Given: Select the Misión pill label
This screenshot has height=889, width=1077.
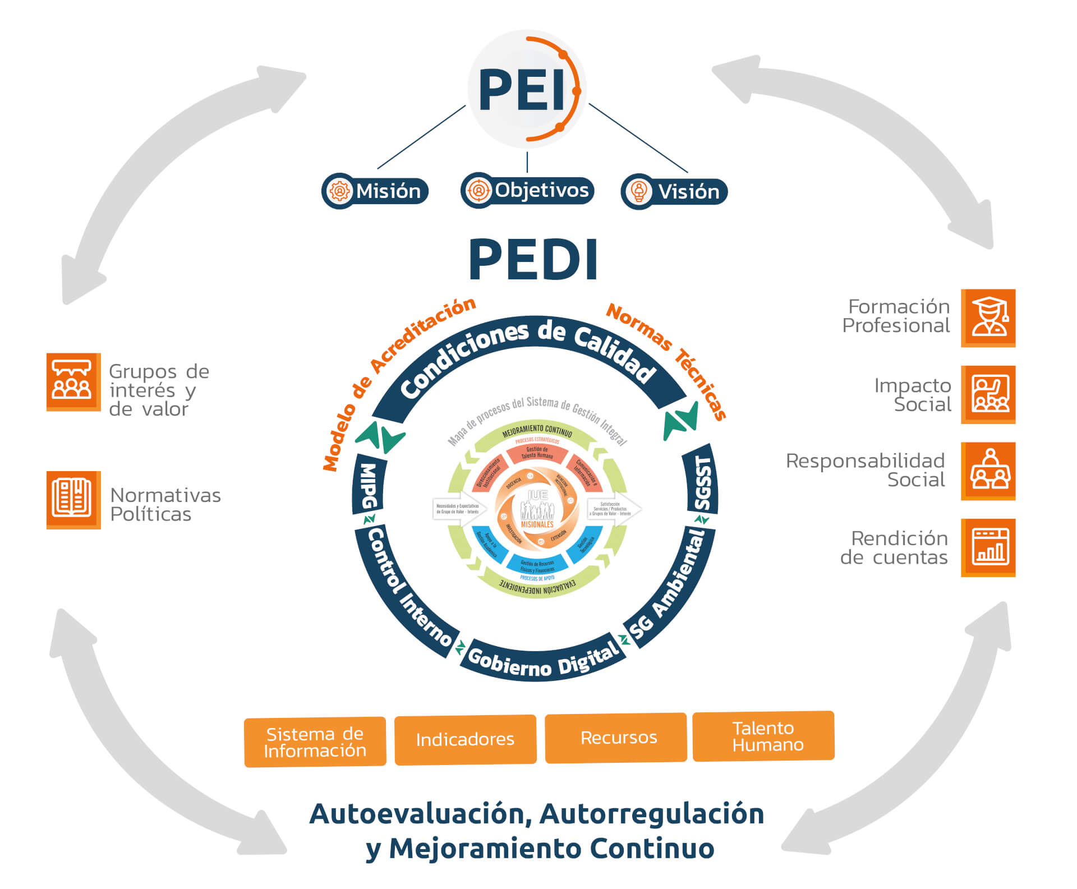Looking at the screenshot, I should pyautogui.click(x=375, y=191).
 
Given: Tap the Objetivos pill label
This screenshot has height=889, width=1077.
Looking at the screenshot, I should pyautogui.click(x=527, y=190).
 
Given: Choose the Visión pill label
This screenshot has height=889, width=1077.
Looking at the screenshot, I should pyautogui.click(x=674, y=192).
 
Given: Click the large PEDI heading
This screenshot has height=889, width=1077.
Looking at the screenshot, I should pyautogui.click(x=533, y=259).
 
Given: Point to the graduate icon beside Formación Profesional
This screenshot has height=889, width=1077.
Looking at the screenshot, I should pyautogui.click(x=988, y=317).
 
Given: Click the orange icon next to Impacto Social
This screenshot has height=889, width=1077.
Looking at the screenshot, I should pyautogui.click(x=988, y=394).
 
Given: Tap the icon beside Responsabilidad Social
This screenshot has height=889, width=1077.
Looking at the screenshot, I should pyautogui.click(x=988, y=471).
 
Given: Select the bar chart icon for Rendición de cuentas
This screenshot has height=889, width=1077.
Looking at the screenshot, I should pyautogui.click(x=988, y=547).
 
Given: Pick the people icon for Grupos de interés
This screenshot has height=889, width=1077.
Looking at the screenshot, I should pyautogui.click(x=73, y=381).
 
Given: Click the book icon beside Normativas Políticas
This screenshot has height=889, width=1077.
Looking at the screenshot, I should pyautogui.click(x=73, y=500).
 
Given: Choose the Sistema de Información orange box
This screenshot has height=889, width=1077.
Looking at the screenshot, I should pyautogui.click(x=315, y=741).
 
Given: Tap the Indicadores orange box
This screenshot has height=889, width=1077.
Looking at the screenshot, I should pyautogui.click(x=465, y=739).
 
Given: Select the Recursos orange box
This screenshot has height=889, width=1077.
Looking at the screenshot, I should pyautogui.click(x=616, y=738).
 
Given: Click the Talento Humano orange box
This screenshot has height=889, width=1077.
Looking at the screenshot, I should pyautogui.click(x=763, y=736).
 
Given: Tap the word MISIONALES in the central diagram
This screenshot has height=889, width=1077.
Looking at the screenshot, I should pyautogui.click(x=537, y=524).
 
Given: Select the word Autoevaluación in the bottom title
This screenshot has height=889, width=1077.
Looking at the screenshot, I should pyautogui.click(x=420, y=814).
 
